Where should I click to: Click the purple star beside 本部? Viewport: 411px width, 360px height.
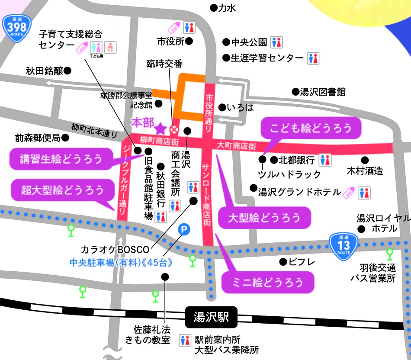tap(161, 128)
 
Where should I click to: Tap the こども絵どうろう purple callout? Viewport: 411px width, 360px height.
tap(310, 128)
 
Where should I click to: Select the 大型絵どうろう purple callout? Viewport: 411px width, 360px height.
tap(264, 217)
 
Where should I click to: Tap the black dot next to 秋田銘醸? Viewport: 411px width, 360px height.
tap(68, 70)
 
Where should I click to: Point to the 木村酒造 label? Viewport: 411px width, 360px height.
tap(365, 171)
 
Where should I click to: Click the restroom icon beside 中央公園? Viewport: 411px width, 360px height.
tap(276, 42)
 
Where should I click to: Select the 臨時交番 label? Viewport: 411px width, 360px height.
tap(164, 64)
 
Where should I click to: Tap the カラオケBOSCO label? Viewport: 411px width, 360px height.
tap(115, 250)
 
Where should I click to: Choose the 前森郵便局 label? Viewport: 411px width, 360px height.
tap(37, 138)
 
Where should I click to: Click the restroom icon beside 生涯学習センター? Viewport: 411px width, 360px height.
tap(313, 58)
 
